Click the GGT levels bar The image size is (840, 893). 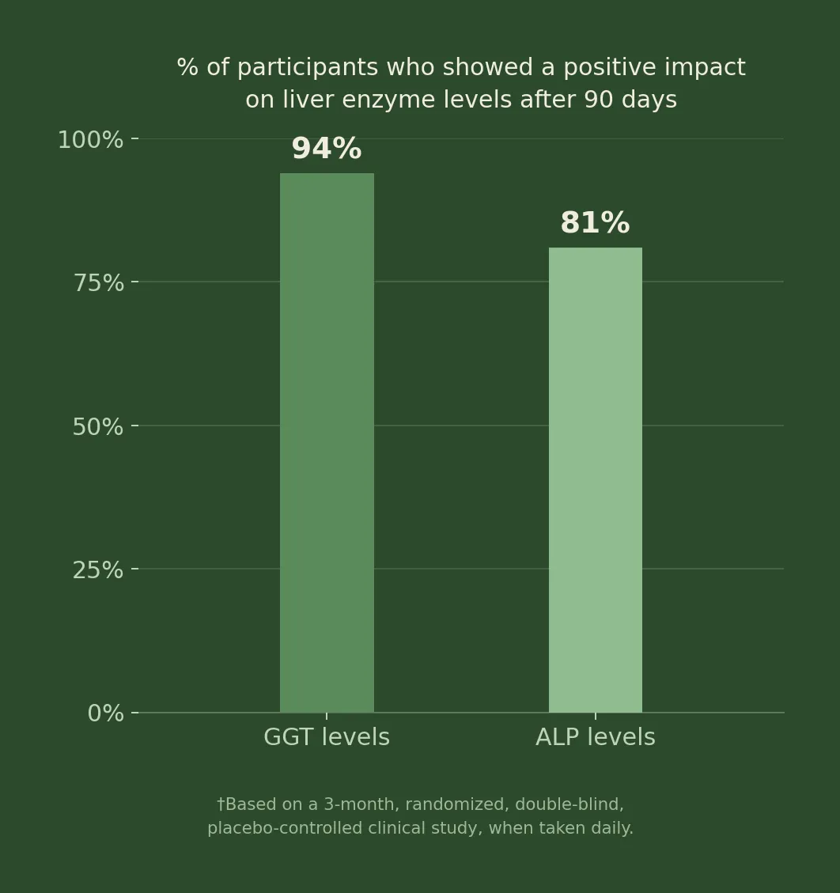coord(327,442)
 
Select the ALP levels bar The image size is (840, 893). coord(596,479)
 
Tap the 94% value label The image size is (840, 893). coord(327,149)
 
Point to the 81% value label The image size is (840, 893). coord(595,223)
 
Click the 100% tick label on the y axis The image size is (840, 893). coord(90,140)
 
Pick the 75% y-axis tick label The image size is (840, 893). coord(99,283)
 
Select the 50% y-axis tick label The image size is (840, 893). coord(98,427)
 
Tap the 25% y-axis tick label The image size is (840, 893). coord(98,570)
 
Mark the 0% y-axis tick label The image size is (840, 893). coord(105,713)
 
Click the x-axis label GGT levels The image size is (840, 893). coord(327,737)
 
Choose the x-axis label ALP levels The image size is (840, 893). coord(596,737)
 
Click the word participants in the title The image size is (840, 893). coord(308,68)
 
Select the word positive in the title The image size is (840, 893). coord(610,68)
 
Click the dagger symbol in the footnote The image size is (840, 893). coord(221,804)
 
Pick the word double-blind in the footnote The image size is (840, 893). coord(569,804)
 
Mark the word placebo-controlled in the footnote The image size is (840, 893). coord(285,828)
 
